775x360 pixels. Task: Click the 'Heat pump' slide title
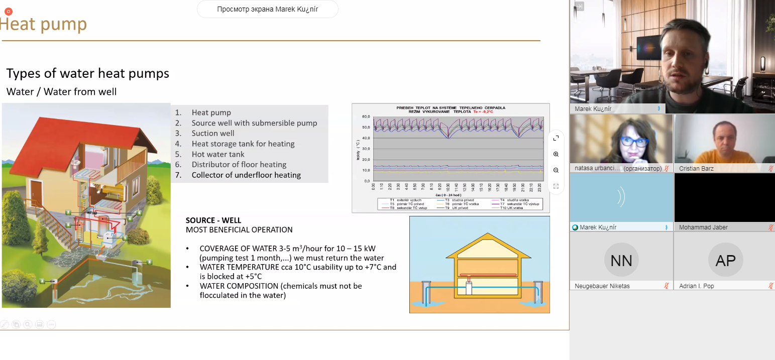(x=44, y=24)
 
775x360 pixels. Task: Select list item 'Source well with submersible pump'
(x=254, y=123)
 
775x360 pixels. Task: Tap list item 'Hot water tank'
(x=218, y=154)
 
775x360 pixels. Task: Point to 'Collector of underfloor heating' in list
(x=246, y=175)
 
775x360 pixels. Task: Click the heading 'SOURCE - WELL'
(x=213, y=220)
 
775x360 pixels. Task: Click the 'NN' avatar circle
(x=621, y=260)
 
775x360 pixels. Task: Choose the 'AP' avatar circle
(x=725, y=260)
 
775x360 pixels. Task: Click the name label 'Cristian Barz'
(x=696, y=169)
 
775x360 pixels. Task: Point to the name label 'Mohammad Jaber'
(x=703, y=227)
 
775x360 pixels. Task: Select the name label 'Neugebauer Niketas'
(x=602, y=286)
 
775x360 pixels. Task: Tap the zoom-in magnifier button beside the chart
(x=556, y=154)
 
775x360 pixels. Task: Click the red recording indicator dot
(x=8, y=11)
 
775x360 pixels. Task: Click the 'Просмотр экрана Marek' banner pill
(x=267, y=9)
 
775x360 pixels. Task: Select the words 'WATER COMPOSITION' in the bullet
(x=239, y=286)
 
